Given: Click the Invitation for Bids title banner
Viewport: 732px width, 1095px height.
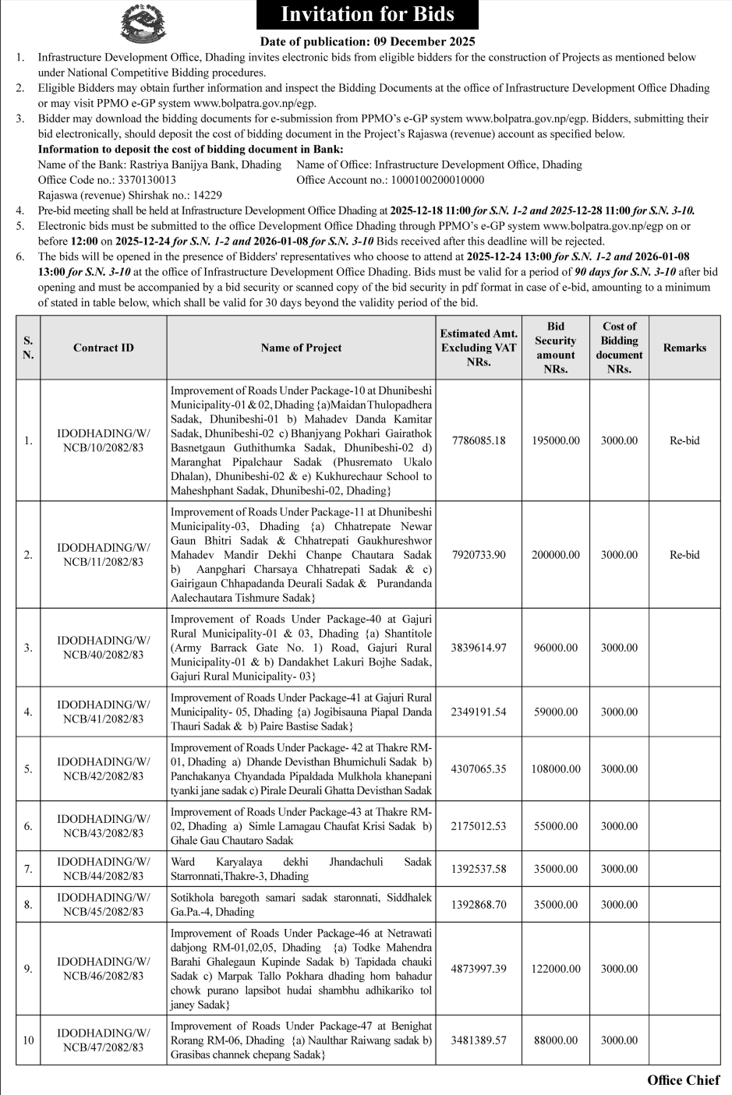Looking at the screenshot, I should point(367,15).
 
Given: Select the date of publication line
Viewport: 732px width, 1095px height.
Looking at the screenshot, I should point(367,41).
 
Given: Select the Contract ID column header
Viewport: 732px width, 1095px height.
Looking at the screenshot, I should point(104,348).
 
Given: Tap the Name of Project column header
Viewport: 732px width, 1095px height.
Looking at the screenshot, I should point(301,348).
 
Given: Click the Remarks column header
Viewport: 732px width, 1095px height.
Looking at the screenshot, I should point(684,348).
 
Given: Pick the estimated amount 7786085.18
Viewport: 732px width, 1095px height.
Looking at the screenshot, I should point(479,440).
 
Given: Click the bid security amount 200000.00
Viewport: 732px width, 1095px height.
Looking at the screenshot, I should point(556,555).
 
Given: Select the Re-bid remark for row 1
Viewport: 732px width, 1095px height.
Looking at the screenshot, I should point(684,440).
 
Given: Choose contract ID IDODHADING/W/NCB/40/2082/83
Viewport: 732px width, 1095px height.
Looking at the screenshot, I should point(104,648).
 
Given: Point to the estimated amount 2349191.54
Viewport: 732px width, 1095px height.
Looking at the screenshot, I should point(479,712).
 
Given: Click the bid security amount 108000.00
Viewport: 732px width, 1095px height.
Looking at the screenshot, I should point(556,768).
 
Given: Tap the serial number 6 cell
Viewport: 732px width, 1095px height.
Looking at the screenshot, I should point(28,826).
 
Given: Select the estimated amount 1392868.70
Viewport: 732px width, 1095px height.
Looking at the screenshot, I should point(479,905).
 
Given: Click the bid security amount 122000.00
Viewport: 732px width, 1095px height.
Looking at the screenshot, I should point(556,969).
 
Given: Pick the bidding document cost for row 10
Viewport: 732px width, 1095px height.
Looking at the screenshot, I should point(619,1040).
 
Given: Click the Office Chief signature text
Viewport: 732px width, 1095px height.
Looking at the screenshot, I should point(683,1080).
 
